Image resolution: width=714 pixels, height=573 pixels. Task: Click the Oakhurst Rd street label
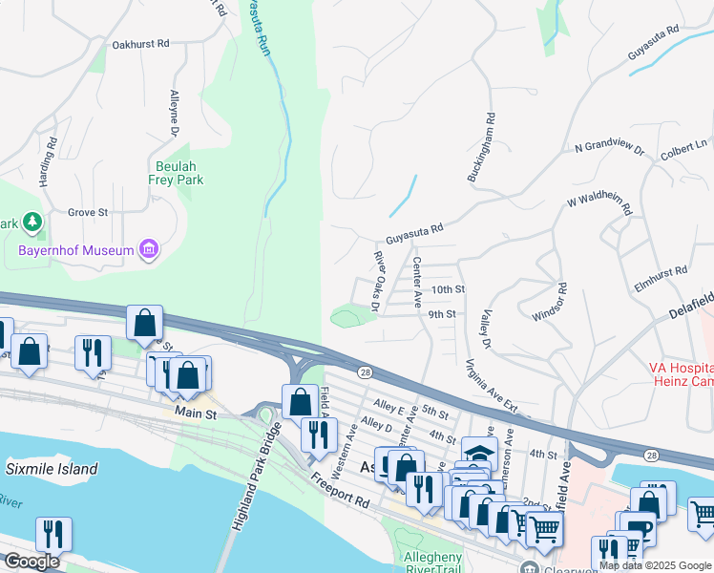point(140,44)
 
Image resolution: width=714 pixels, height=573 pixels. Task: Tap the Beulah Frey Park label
point(176,172)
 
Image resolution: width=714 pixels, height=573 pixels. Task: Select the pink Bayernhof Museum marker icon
point(148,251)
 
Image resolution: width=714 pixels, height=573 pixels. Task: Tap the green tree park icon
point(32,223)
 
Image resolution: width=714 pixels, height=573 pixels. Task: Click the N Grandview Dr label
point(609,150)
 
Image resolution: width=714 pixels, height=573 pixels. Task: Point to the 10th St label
point(447,289)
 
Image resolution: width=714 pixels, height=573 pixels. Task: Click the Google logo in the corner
point(31,562)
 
